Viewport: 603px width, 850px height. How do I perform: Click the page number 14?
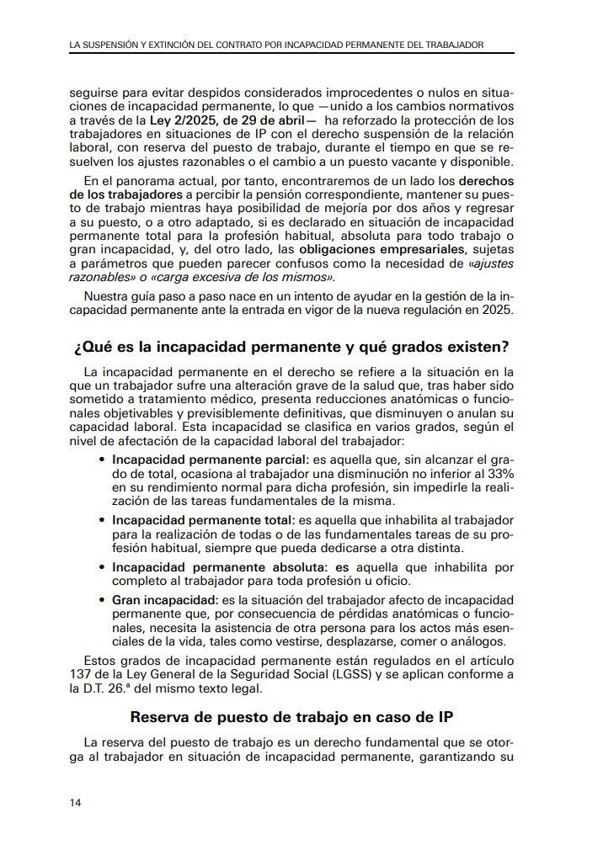[76, 802]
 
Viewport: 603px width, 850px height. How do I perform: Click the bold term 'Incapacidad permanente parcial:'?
[211, 460]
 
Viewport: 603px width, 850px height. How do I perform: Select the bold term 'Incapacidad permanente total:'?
[203, 520]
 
